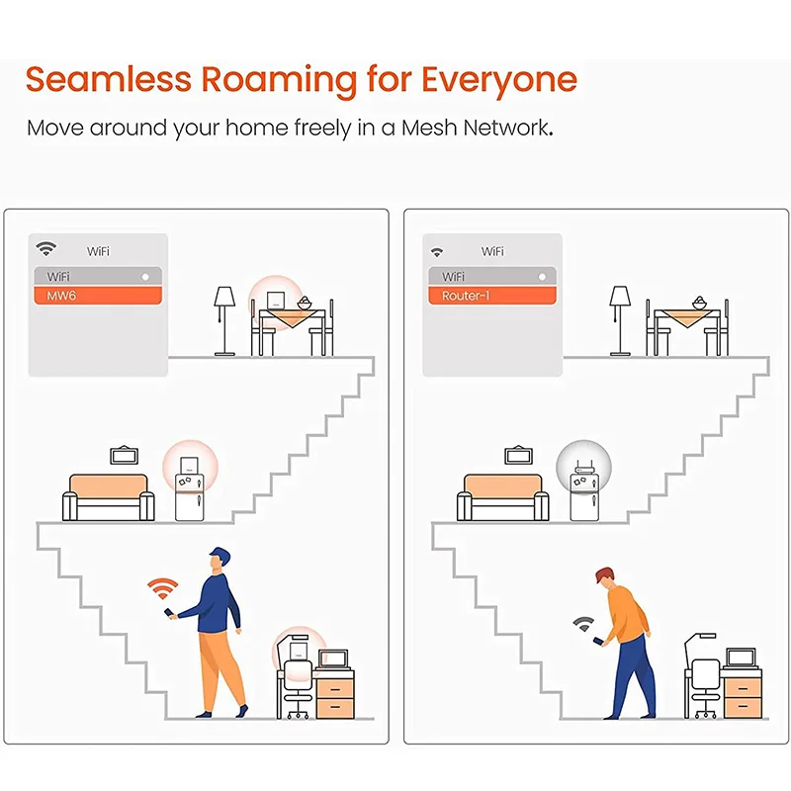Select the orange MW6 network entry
click(x=95, y=296)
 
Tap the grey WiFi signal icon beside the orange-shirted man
click(x=582, y=624)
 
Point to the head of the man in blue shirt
click(x=220, y=559)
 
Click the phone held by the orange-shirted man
click(x=595, y=641)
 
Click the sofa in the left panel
click(x=108, y=496)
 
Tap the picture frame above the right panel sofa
click(x=518, y=455)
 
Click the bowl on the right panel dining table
click(x=699, y=301)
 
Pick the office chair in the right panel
click(x=703, y=687)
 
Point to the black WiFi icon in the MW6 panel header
click(x=45, y=249)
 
